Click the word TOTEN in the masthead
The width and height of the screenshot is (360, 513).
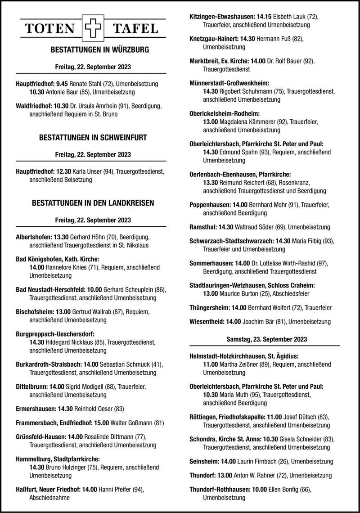point(50,30)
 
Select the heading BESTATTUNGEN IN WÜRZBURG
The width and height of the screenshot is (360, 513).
point(94,49)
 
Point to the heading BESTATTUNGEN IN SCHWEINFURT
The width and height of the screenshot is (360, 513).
point(94,136)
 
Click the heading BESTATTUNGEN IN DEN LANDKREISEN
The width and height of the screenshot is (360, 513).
point(94,203)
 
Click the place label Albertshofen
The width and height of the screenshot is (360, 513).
point(33,237)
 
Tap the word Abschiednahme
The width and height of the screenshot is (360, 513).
point(50,498)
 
